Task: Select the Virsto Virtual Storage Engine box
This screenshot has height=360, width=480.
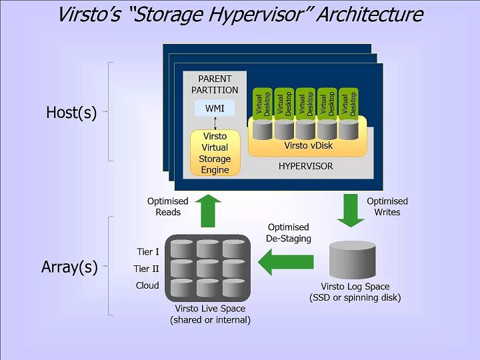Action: (215, 153)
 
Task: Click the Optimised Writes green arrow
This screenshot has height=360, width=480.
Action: (348, 209)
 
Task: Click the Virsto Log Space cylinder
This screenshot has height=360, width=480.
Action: (353, 261)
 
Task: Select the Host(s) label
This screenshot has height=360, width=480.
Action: (71, 113)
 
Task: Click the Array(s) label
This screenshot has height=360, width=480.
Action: (69, 267)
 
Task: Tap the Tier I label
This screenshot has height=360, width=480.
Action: (147, 252)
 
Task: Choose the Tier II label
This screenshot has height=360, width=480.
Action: (147, 269)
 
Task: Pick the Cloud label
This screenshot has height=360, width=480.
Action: (147, 285)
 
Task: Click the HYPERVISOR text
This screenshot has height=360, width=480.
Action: (305, 166)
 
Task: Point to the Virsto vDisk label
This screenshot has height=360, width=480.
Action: (307, 145)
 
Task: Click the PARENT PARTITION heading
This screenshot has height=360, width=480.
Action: (215, 85)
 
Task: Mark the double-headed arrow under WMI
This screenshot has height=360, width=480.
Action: (215, 123)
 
